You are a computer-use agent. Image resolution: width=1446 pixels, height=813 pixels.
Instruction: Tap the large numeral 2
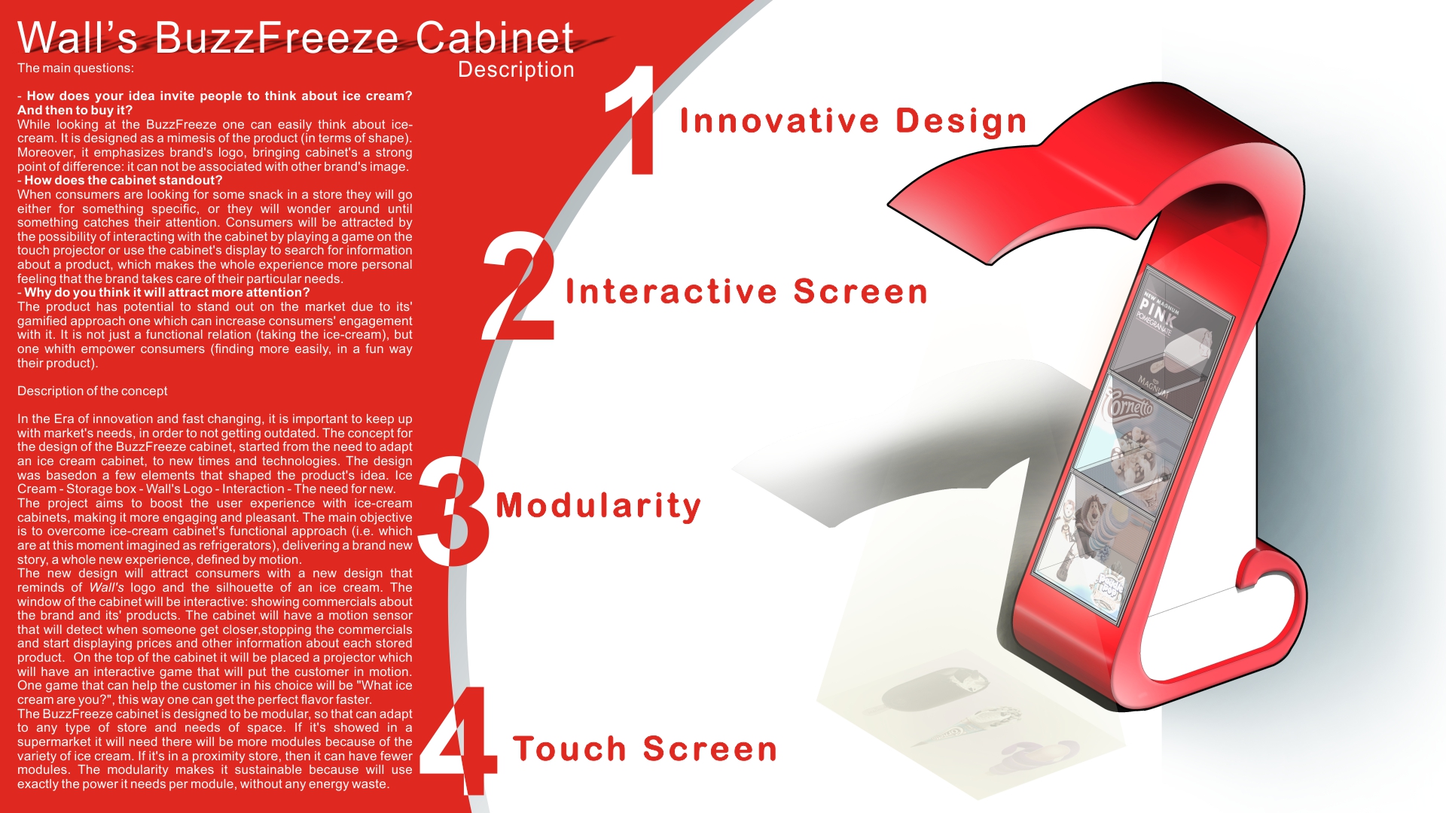pyautogui.click(x=520, y=286)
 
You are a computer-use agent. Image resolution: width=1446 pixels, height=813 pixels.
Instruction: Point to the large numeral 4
pyautogui.click(x=458, y=741)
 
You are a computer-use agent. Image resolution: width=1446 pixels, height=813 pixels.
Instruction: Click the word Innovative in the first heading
pyautogui.click(x=779, y=120)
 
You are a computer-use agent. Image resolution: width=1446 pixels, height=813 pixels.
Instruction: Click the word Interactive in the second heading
pyautogui.click(x=671, y=291)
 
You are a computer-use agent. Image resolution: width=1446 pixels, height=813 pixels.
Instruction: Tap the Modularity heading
pyautogui.click(x=598, y=506)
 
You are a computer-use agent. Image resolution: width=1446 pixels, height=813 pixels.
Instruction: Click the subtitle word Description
pyautogui.click(x=516, y=70)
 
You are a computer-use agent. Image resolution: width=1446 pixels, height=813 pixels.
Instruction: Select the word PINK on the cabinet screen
pyautogui.click(x=1158, y=309)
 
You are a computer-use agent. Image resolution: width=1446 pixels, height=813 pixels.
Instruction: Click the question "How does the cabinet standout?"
pyautogui.click(x=120, y=181)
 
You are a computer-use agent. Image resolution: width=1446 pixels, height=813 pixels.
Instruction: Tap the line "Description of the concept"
pyautogui.click(x=93, y=391)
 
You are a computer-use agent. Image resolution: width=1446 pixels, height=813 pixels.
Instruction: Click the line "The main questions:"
pyautogui.click(x=75, y=69)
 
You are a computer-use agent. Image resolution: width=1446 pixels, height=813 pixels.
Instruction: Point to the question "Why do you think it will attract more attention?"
pyautogui.click(x=163, y=293)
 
